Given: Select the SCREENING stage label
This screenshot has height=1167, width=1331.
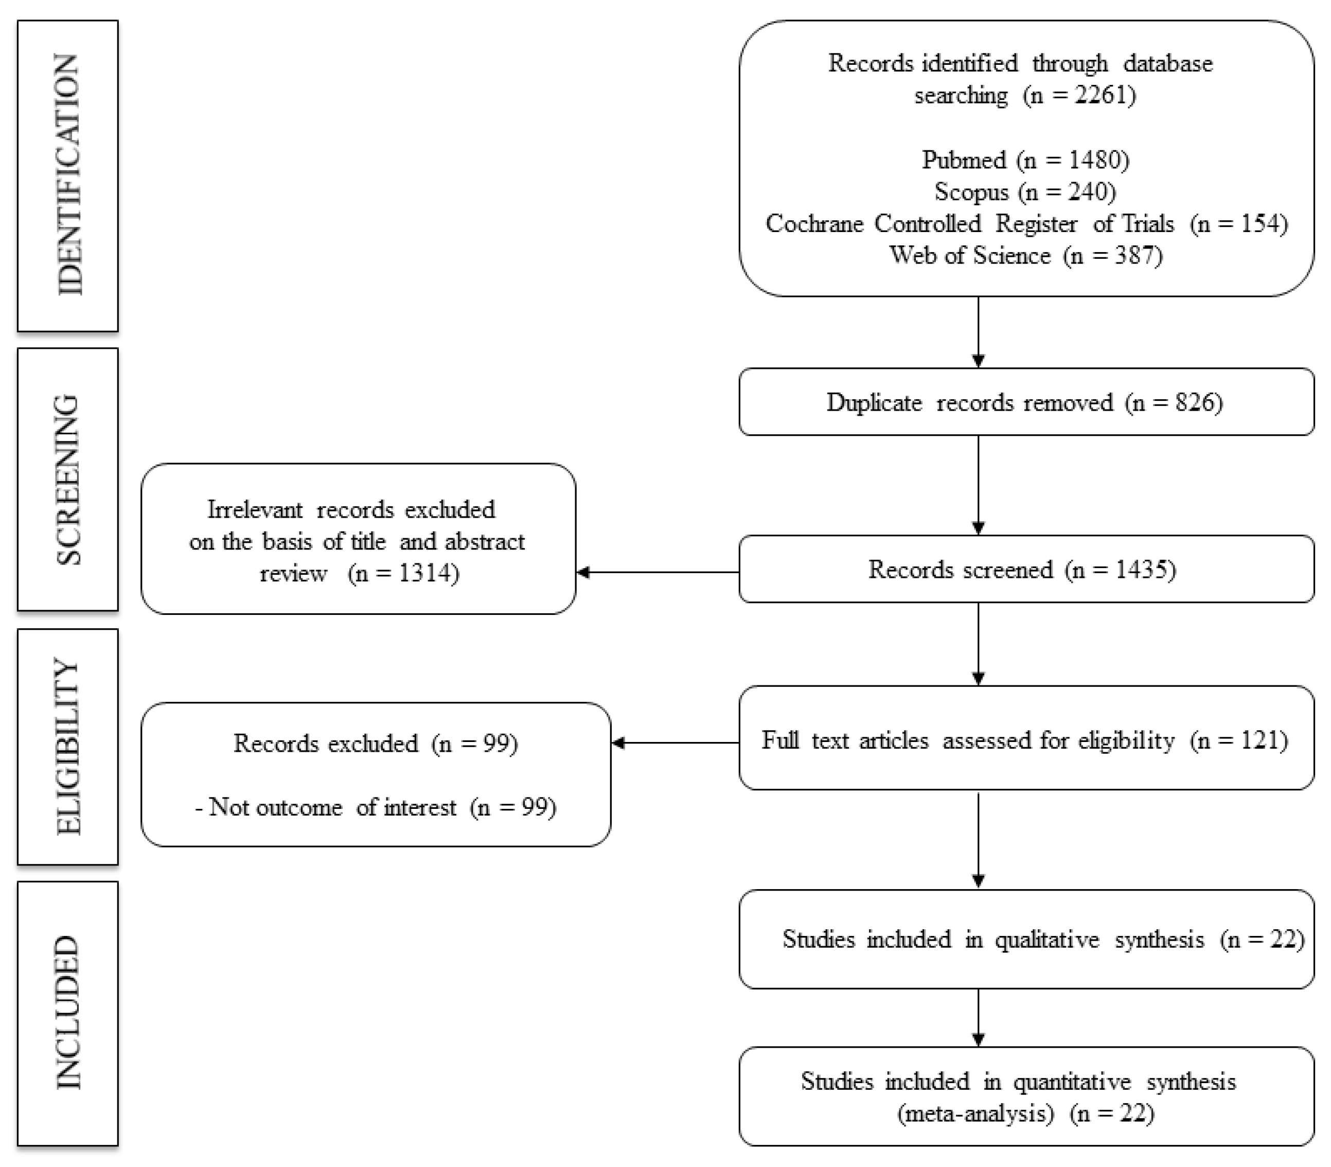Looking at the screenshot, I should coord(68,480).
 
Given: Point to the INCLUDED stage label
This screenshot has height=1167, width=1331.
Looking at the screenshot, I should coord(68,1013).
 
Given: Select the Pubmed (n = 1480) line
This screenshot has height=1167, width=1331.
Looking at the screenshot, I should coord(1025,160).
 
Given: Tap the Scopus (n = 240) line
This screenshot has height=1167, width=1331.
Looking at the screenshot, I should coord(1025,191).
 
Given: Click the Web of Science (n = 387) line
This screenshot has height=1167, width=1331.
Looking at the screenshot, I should coord(1025,255).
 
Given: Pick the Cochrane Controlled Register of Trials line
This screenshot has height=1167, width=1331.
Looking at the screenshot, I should coord(1025,223).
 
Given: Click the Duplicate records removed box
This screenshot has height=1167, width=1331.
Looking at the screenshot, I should coord(1025,402).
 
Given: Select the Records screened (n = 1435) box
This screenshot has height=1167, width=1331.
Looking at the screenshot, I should coord(1025,569).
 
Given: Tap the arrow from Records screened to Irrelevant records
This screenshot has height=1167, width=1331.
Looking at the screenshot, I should coord(658,572).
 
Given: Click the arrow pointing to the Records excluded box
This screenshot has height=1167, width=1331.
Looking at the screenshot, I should coord(675,742).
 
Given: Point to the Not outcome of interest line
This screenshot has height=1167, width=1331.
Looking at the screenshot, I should coord(376,807).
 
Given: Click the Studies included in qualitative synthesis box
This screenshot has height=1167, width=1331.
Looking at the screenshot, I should coord(1025,939).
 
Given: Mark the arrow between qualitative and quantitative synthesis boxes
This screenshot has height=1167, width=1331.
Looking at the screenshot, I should coord(978,1017).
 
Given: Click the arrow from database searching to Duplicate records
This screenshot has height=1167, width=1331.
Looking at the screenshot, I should coord(978,332).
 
